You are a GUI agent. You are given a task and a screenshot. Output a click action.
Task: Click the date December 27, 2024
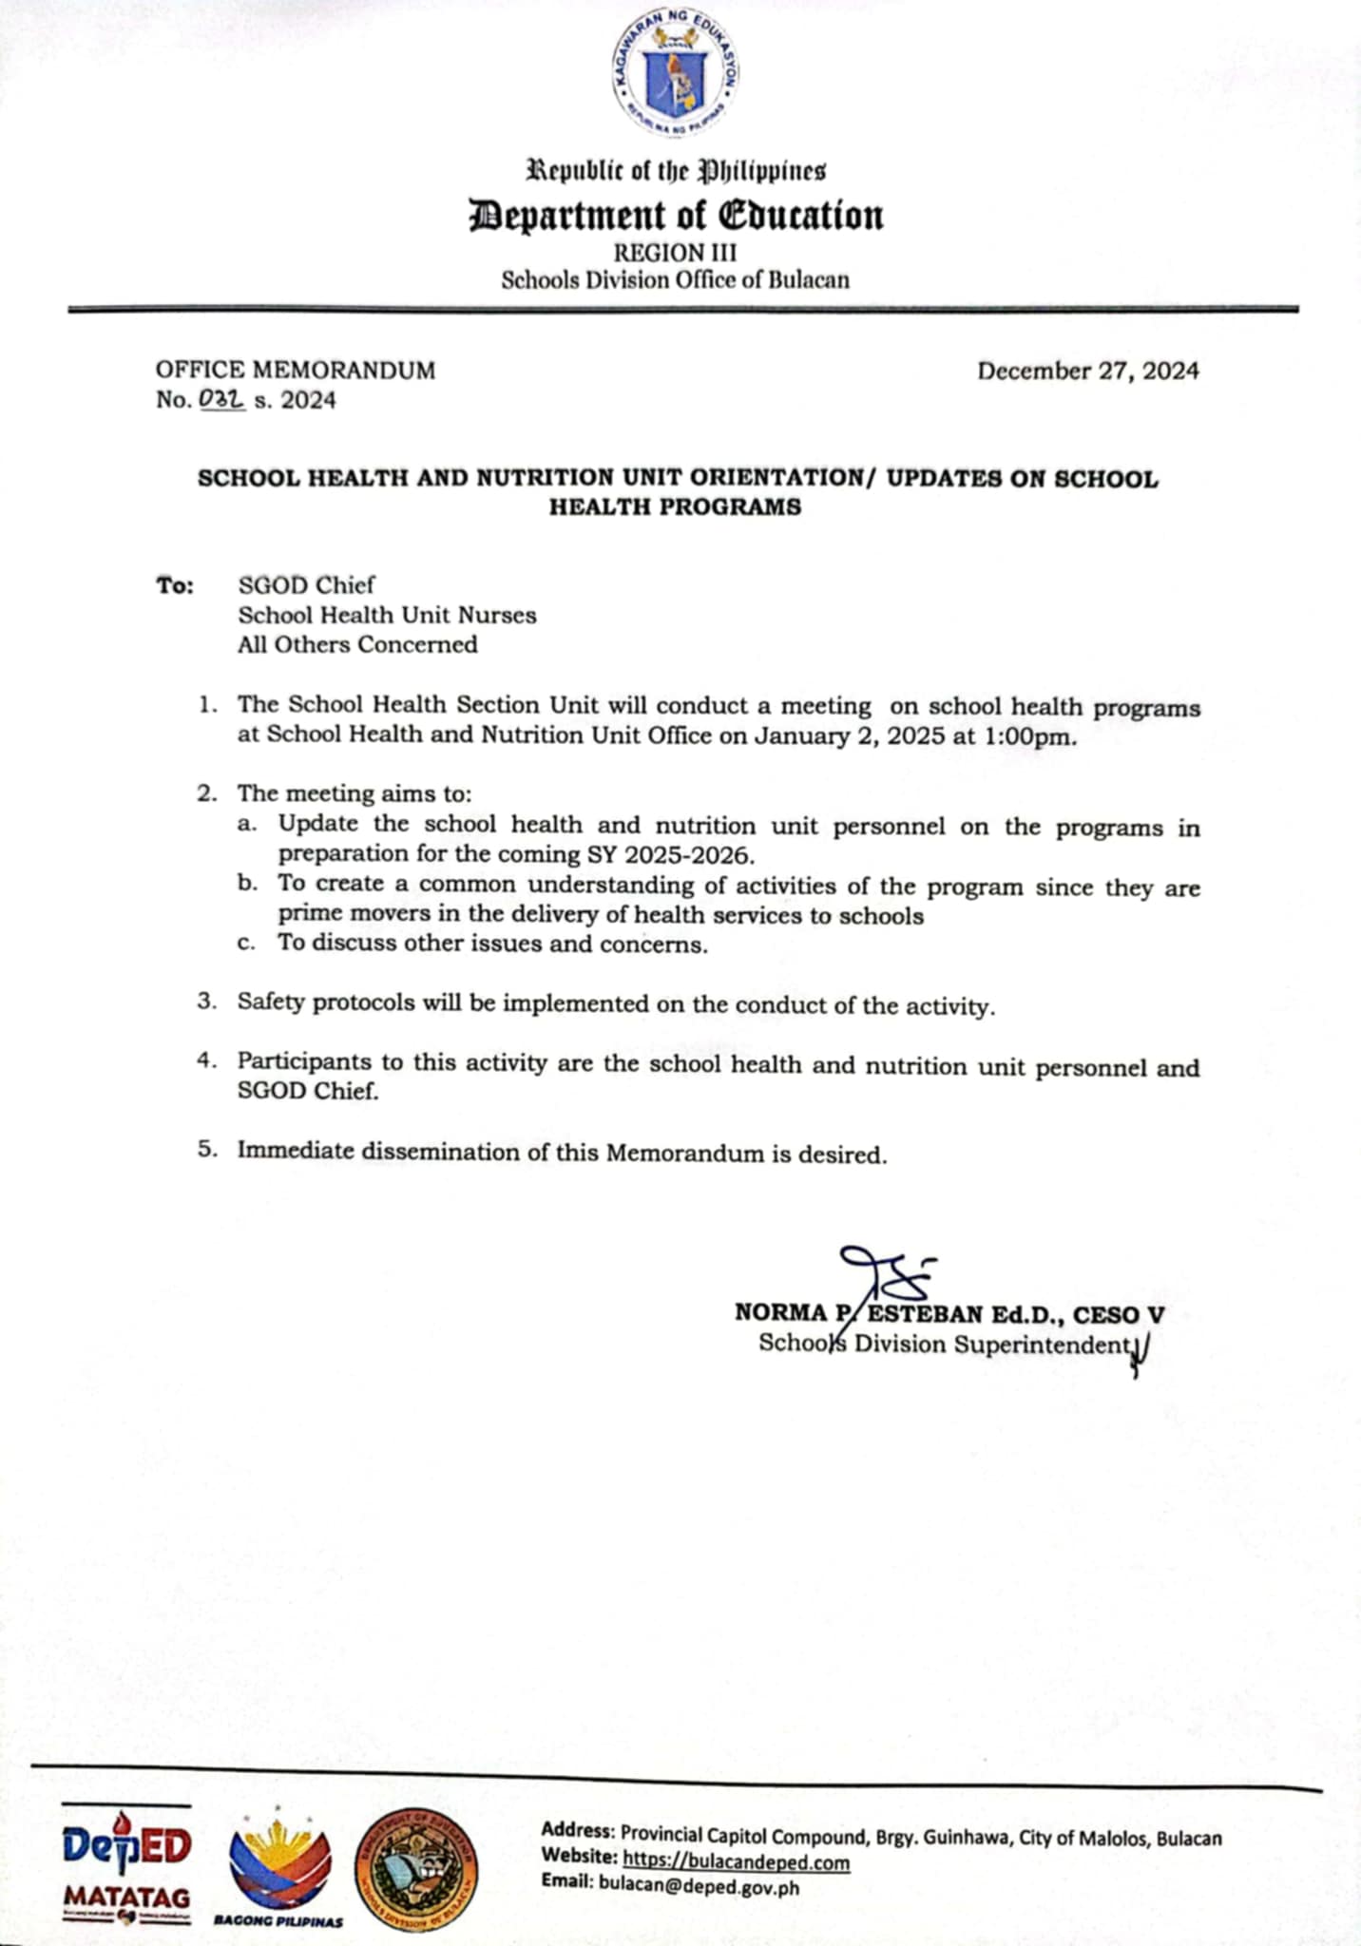pos(1087,371)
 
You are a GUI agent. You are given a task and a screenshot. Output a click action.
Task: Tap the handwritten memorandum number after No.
pos(222,400)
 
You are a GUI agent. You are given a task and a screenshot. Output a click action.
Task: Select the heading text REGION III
pos(675,253)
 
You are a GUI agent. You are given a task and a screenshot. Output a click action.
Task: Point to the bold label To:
pos(175,585)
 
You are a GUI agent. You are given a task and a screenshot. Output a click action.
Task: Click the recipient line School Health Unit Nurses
pos(387,615)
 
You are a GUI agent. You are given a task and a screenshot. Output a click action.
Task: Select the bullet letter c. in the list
pos(247,944)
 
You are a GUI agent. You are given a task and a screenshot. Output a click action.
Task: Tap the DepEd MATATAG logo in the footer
pos(126,1865)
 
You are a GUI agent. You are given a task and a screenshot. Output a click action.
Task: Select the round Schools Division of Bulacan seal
pos(416,1870)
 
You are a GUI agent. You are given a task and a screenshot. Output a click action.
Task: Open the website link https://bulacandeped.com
pos(736,1862)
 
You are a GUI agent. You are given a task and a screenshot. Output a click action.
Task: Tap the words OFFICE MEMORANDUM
pos(295,371)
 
